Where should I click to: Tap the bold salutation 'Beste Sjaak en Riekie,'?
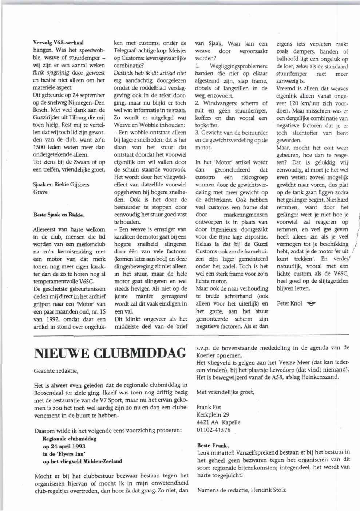[59, 215]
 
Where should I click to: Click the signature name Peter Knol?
[289, 303]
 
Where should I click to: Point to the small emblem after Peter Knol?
[310, 303]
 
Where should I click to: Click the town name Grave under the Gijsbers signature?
[40, 192]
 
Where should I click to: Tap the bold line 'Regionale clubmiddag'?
[69, 439]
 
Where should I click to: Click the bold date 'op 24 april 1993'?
[64, 446]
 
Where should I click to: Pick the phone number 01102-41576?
[213, 430]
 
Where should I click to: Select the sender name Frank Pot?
[209, 407]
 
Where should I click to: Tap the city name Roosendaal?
[50, 393]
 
